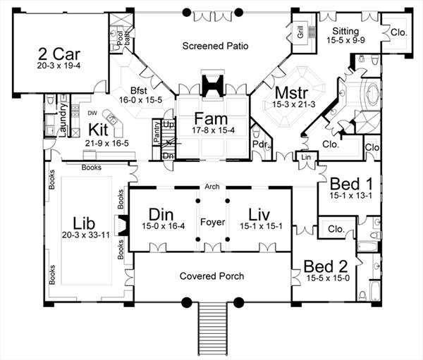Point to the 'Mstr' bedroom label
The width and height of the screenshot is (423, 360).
[x=272, y=92]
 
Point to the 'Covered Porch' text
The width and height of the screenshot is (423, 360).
[x=211, y=276]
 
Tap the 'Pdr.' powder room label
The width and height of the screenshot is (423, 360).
[x=259, y=146]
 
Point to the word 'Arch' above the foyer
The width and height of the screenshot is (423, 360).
[x=211, y=187]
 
